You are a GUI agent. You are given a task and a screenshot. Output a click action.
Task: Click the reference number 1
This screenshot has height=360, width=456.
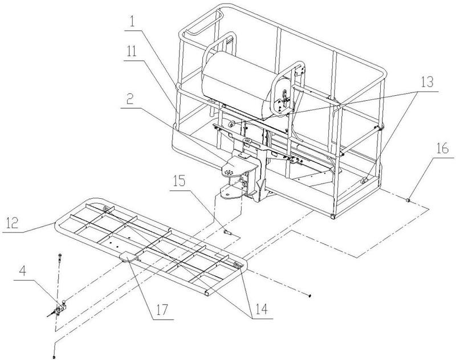(x=132, y=22)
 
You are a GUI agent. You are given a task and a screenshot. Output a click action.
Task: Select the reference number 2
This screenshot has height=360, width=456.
(x=130, y=99)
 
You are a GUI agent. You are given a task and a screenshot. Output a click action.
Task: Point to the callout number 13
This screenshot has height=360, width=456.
(x=426, y=82)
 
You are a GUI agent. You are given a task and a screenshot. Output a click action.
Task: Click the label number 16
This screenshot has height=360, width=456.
(x=442, y=149)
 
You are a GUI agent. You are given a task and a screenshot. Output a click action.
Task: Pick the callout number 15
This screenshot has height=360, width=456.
(x=179, y=181)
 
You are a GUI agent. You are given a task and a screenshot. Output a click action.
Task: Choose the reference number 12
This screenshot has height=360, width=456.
(x=11, y=223)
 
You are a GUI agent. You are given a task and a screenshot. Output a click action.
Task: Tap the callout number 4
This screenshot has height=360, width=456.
(x=22, y=271)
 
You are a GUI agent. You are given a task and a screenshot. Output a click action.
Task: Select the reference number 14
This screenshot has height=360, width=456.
(x=261, y=309)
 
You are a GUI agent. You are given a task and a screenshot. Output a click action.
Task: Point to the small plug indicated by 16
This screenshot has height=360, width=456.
(x=408, y=200)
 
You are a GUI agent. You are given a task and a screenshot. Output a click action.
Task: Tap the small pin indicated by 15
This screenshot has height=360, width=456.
(x=227, y=232)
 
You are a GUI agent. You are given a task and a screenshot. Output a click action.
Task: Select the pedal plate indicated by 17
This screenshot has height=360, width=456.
(x=128, y=257)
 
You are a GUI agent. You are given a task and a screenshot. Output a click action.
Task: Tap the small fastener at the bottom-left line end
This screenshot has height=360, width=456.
(x=54, y=356)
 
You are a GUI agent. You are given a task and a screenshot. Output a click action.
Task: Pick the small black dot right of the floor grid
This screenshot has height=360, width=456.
(x=310, y=296)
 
